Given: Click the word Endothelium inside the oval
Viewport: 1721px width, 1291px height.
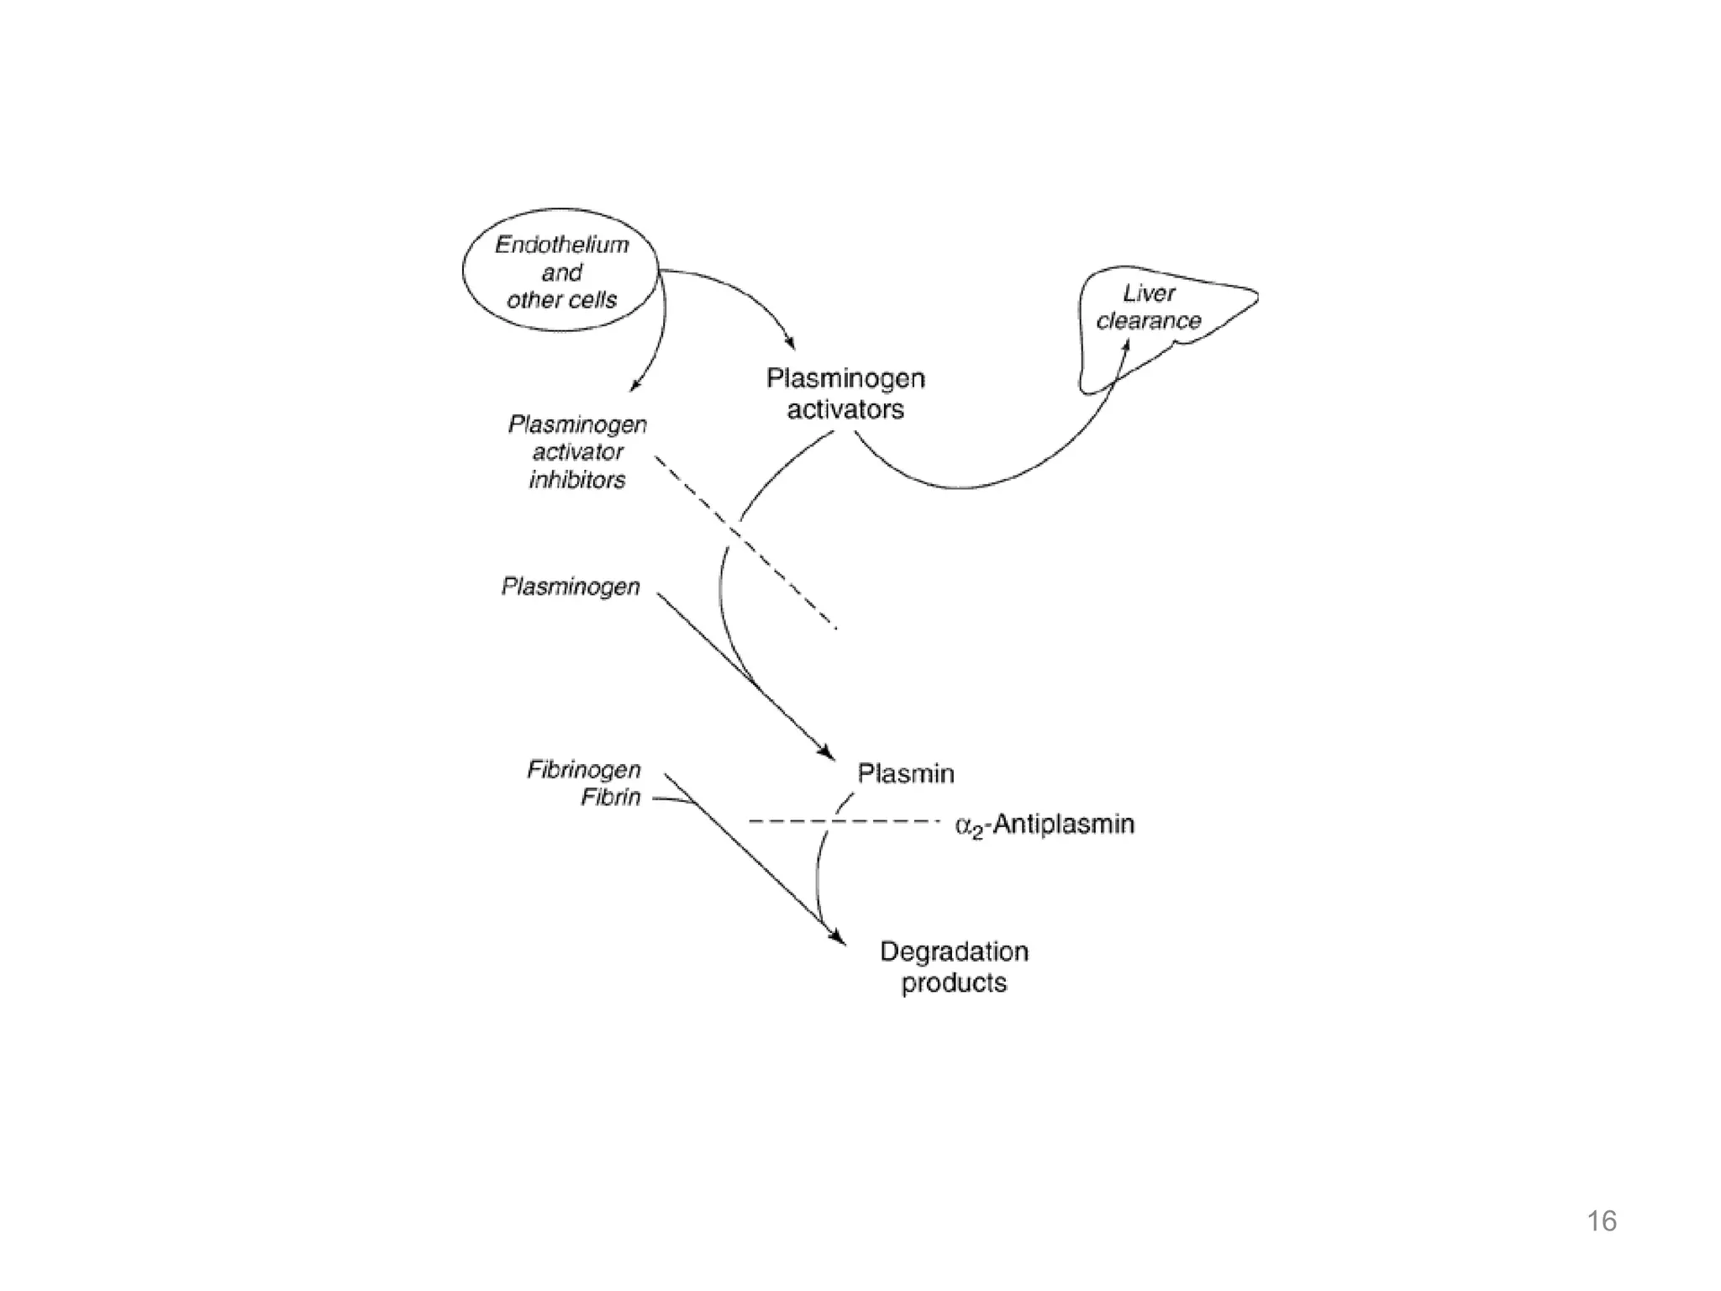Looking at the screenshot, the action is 561,245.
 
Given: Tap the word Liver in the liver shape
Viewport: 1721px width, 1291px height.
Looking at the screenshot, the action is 1149,293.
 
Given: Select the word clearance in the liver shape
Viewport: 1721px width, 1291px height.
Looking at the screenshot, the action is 1149,321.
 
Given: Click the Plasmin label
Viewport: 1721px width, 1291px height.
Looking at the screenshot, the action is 905,773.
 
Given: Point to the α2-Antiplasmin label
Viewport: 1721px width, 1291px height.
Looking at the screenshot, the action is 1045,825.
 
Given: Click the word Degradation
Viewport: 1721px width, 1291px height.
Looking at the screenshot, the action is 954,951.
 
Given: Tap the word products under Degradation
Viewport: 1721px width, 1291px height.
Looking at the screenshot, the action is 954,983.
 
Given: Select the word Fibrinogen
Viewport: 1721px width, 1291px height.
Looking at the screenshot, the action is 584,769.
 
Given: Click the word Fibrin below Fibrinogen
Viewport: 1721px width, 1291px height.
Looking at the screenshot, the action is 611,797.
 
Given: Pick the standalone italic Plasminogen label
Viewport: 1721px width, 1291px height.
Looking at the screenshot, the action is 571,586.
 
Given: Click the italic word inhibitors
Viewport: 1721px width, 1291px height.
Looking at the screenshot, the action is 577,480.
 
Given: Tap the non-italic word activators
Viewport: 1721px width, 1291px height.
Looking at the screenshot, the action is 845,409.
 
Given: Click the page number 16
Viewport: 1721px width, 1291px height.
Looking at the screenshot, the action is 1602,1221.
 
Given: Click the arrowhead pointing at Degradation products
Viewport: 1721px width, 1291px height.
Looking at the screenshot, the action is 837,937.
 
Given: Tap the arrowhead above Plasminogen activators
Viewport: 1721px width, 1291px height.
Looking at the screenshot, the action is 789,343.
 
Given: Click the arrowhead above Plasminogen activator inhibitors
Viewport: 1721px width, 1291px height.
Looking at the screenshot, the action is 634,386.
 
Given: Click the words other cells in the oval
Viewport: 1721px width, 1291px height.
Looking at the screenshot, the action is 561,300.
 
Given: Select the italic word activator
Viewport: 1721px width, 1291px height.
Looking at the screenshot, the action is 578,452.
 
